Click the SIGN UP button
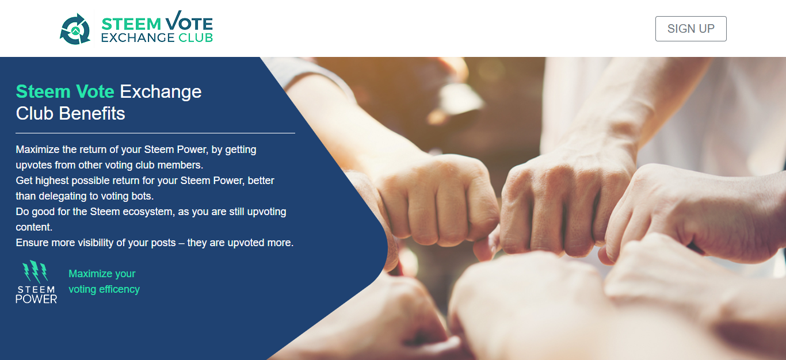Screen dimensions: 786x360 pyautogui.click(x=691, y=29)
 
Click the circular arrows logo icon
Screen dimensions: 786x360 pyautogui.click(x=75, y=29)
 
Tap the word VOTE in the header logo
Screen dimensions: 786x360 pyautogui.click(x=189, y=21)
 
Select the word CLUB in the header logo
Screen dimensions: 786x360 pyautogui.click(x=196, y=38)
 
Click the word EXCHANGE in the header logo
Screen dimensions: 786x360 pyautogui.click(x=138, y=38)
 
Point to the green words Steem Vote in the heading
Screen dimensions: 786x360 pyautogui.click(x=65, y=91)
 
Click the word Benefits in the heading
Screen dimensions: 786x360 pyautogui.click(x=92, y=113)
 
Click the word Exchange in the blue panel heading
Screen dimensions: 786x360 pyautogui.click(x=161, y=92)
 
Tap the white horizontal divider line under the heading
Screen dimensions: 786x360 pyautogui.click(x=155, y=133)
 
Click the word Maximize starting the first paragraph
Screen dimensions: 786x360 pyautogui.click(x=37, y=150)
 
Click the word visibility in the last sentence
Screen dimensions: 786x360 pyautogui.click(x=93, y=243)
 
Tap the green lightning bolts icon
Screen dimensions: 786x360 pyautogui.click(x=35, y=271)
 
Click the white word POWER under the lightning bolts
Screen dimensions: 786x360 pyautogui.click(x=36, y=299)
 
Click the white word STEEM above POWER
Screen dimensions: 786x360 pyautogui.click(x=36, y=289)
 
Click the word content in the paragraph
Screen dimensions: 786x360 pyautogui.click(x=34, y=227)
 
